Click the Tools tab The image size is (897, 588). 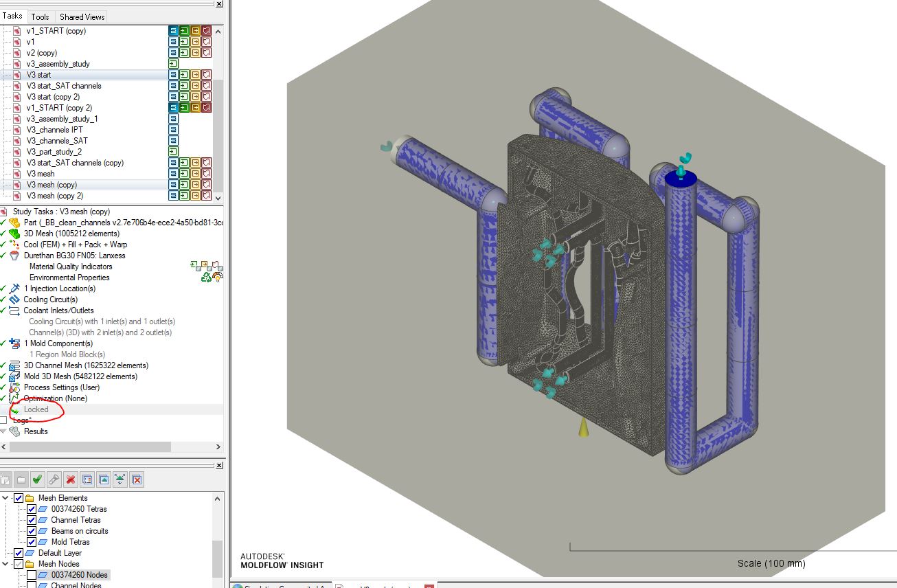point(40,16)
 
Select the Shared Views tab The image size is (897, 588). point(82,16)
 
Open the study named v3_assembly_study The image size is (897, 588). point(58,64)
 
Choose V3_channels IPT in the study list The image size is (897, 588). point(54,130)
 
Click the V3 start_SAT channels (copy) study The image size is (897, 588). point(75,163)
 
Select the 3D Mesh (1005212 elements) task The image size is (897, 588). point(71,234)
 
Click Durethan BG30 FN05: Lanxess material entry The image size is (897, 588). point(74,256)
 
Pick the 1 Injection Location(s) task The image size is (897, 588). point(59,289)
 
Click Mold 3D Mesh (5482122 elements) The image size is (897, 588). point(80,376)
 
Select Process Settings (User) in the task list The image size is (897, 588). point(61,387)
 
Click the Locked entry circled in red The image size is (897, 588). point(36,409)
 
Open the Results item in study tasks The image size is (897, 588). point(36,431)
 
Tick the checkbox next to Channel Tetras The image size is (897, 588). point(32,520)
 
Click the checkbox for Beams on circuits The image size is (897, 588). point(32,531)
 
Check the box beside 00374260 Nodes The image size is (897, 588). point(32,575)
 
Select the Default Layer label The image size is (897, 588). point(60,553)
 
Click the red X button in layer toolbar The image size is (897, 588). point(70,479)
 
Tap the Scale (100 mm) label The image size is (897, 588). point(771,563)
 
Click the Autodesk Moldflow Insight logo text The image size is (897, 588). point(282,561)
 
